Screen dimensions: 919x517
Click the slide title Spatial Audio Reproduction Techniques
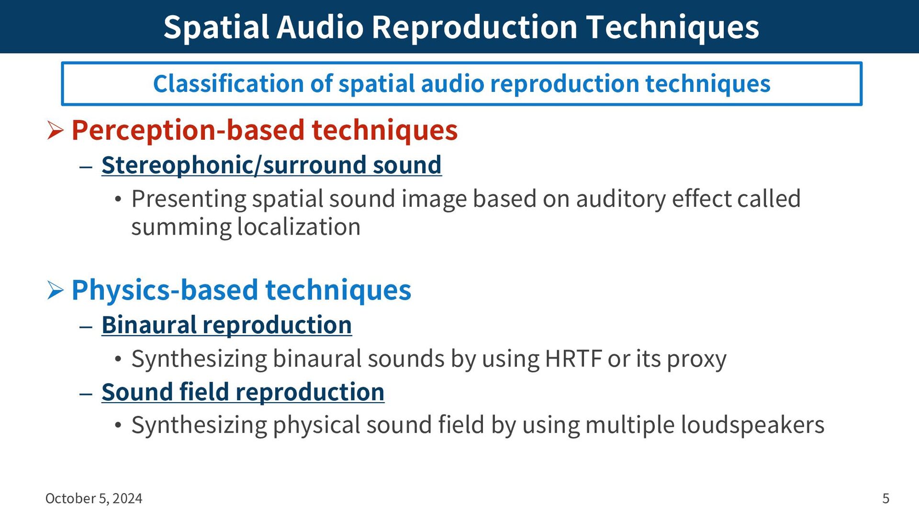click(461, 27)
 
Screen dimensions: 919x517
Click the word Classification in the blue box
click(228, 84)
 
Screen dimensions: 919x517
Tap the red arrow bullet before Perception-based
click(56, 130)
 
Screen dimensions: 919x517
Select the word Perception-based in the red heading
click(188, 131)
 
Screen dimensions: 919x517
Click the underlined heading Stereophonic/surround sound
click(271, 165)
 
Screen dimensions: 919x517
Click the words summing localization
click(246, 227)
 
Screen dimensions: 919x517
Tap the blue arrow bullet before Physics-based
click(56, 290)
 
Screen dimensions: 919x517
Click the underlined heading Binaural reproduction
click(226, 325)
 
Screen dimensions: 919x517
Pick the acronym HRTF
click(573, 359)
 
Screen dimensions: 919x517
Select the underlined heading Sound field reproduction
click(243, 392)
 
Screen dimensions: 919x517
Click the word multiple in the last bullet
click(629, 425)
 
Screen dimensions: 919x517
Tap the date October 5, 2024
click(94, 498)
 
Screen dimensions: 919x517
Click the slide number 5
click(886, 498)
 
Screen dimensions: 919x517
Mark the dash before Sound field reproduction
click(86, 393)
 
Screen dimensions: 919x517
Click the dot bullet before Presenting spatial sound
click(118, 200)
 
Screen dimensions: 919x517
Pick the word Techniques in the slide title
click(672, 27)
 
